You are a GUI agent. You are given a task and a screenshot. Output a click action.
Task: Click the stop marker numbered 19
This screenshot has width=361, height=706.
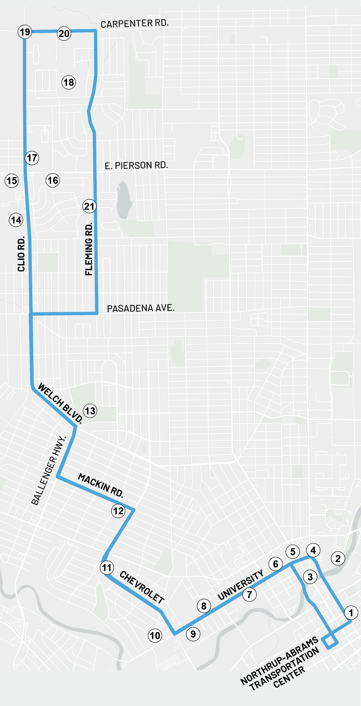pos(25,32)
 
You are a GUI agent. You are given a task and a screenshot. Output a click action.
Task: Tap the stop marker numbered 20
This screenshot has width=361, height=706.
pos(64,33)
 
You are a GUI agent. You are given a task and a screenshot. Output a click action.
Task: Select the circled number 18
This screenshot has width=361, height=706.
pos(68,82)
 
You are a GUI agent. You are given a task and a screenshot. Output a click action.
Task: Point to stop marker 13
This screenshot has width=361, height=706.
pos(90,411)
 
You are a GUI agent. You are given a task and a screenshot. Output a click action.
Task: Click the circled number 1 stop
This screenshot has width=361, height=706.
pos(351,612)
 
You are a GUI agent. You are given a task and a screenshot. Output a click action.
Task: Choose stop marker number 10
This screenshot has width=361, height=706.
pos(155,635)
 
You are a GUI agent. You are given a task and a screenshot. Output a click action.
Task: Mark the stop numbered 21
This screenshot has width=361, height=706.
pos(89,206)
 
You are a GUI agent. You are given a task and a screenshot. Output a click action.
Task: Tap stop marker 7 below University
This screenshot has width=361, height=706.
pos(249,594)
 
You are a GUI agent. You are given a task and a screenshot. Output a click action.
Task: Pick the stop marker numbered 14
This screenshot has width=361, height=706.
pos(16,220)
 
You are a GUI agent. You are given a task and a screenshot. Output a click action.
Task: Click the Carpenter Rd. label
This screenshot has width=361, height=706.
pos(134,24)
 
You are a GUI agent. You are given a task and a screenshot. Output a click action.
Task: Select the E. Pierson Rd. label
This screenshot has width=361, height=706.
pos(136,166)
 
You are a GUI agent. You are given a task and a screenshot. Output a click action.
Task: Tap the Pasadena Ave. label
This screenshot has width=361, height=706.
pos(140,308)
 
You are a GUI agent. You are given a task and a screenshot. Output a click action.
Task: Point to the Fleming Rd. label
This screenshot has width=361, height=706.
pos(89,249)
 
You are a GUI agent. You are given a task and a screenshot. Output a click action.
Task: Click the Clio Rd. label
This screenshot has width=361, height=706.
pos(21,254)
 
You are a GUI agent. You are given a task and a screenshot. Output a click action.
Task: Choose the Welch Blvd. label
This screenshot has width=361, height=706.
pos(60,404)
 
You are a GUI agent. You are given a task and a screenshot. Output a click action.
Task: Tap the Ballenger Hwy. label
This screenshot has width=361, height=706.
pos(48,470)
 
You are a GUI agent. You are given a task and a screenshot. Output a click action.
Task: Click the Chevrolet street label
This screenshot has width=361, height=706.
pos(142,587)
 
